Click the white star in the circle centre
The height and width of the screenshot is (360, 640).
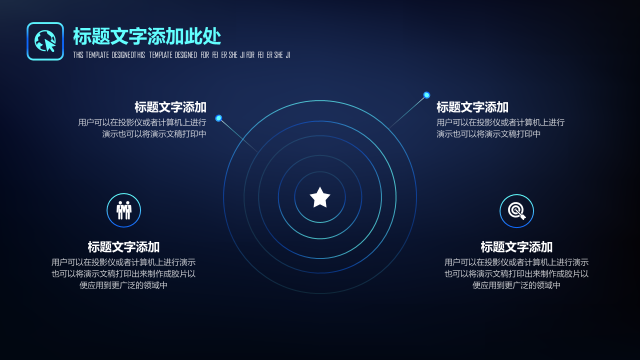point(320,197)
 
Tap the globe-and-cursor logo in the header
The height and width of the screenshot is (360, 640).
point(45,41)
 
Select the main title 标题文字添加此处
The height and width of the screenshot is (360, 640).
point(147,36)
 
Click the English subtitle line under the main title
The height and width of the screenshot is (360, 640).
point(181,55)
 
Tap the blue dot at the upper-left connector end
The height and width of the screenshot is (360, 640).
point(218,118)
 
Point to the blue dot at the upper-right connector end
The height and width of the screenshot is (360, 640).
point(426,95)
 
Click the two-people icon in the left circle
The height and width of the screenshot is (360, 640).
point(123,210)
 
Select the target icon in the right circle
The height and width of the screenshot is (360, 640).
point(516,211)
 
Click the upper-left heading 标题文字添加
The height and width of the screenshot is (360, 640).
point(170,107)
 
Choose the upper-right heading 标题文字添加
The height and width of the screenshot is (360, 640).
point(472,107)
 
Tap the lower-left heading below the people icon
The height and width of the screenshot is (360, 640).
point(123,247)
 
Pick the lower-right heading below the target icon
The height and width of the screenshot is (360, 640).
point(516,247)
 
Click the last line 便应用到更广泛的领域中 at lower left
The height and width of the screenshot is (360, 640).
point(123,285)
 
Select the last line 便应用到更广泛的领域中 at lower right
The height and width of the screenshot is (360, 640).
point(516,285)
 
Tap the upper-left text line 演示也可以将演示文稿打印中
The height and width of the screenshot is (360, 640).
point(154,133)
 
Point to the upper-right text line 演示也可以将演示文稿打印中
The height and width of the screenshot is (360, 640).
point(488,133)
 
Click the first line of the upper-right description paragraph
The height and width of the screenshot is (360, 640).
point(500,122)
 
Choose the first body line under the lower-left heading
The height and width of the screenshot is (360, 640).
point(123,262)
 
